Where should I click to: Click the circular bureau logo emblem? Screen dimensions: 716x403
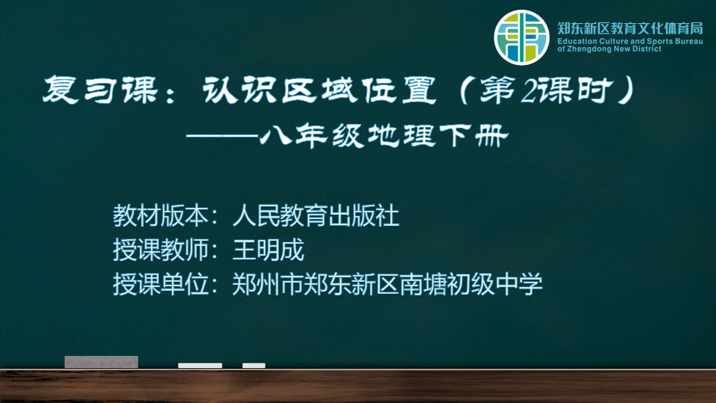521,37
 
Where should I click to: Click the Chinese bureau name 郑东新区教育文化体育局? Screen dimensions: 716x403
630,28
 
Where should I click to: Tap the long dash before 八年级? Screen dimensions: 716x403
222,136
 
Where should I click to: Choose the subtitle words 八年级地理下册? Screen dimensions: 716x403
383,136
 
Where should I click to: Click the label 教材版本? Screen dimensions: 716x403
161,216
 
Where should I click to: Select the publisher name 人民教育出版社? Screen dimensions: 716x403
315,216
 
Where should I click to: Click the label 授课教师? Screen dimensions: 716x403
161,250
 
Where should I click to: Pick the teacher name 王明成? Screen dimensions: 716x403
268,250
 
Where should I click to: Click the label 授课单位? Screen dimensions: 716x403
161,284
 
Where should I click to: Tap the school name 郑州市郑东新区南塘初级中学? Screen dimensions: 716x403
387,284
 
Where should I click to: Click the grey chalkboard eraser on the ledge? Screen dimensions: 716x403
101,362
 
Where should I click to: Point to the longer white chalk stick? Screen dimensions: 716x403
200,366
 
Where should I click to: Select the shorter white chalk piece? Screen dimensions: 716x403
254,366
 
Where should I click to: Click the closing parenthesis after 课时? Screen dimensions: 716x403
626,90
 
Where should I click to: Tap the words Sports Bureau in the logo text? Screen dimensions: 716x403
678,41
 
